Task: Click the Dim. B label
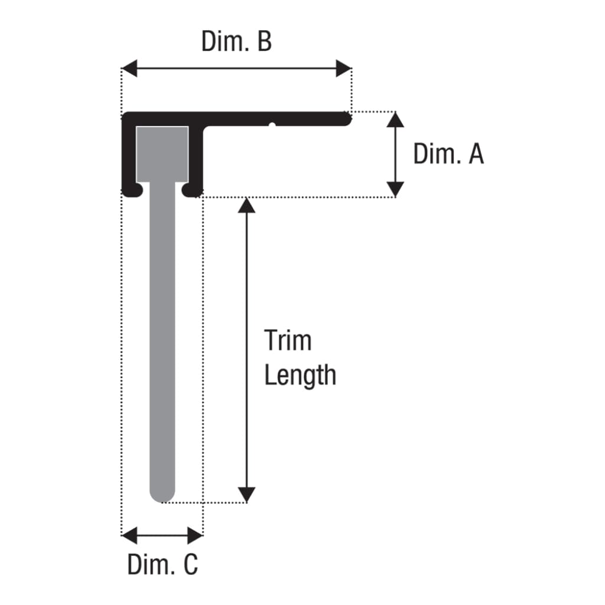click(236, 41)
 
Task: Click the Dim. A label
click(448, 154)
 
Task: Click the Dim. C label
click(162, 564)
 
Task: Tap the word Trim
click(288, 341)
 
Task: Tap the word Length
click(300, 375)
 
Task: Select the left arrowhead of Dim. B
click(129, 69)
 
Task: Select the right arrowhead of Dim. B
click(344, 69)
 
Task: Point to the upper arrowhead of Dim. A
click(395, 119)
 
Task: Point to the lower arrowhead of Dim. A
click(395, 190)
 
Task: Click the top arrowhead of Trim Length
click(246, 205)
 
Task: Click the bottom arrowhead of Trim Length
click(246, 495)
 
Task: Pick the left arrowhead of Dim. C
click(129, 535)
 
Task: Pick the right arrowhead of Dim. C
click(195, 535)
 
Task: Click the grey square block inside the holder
click(162, 154)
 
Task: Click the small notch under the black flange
click(272, 125)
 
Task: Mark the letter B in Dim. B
click(265, 41)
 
